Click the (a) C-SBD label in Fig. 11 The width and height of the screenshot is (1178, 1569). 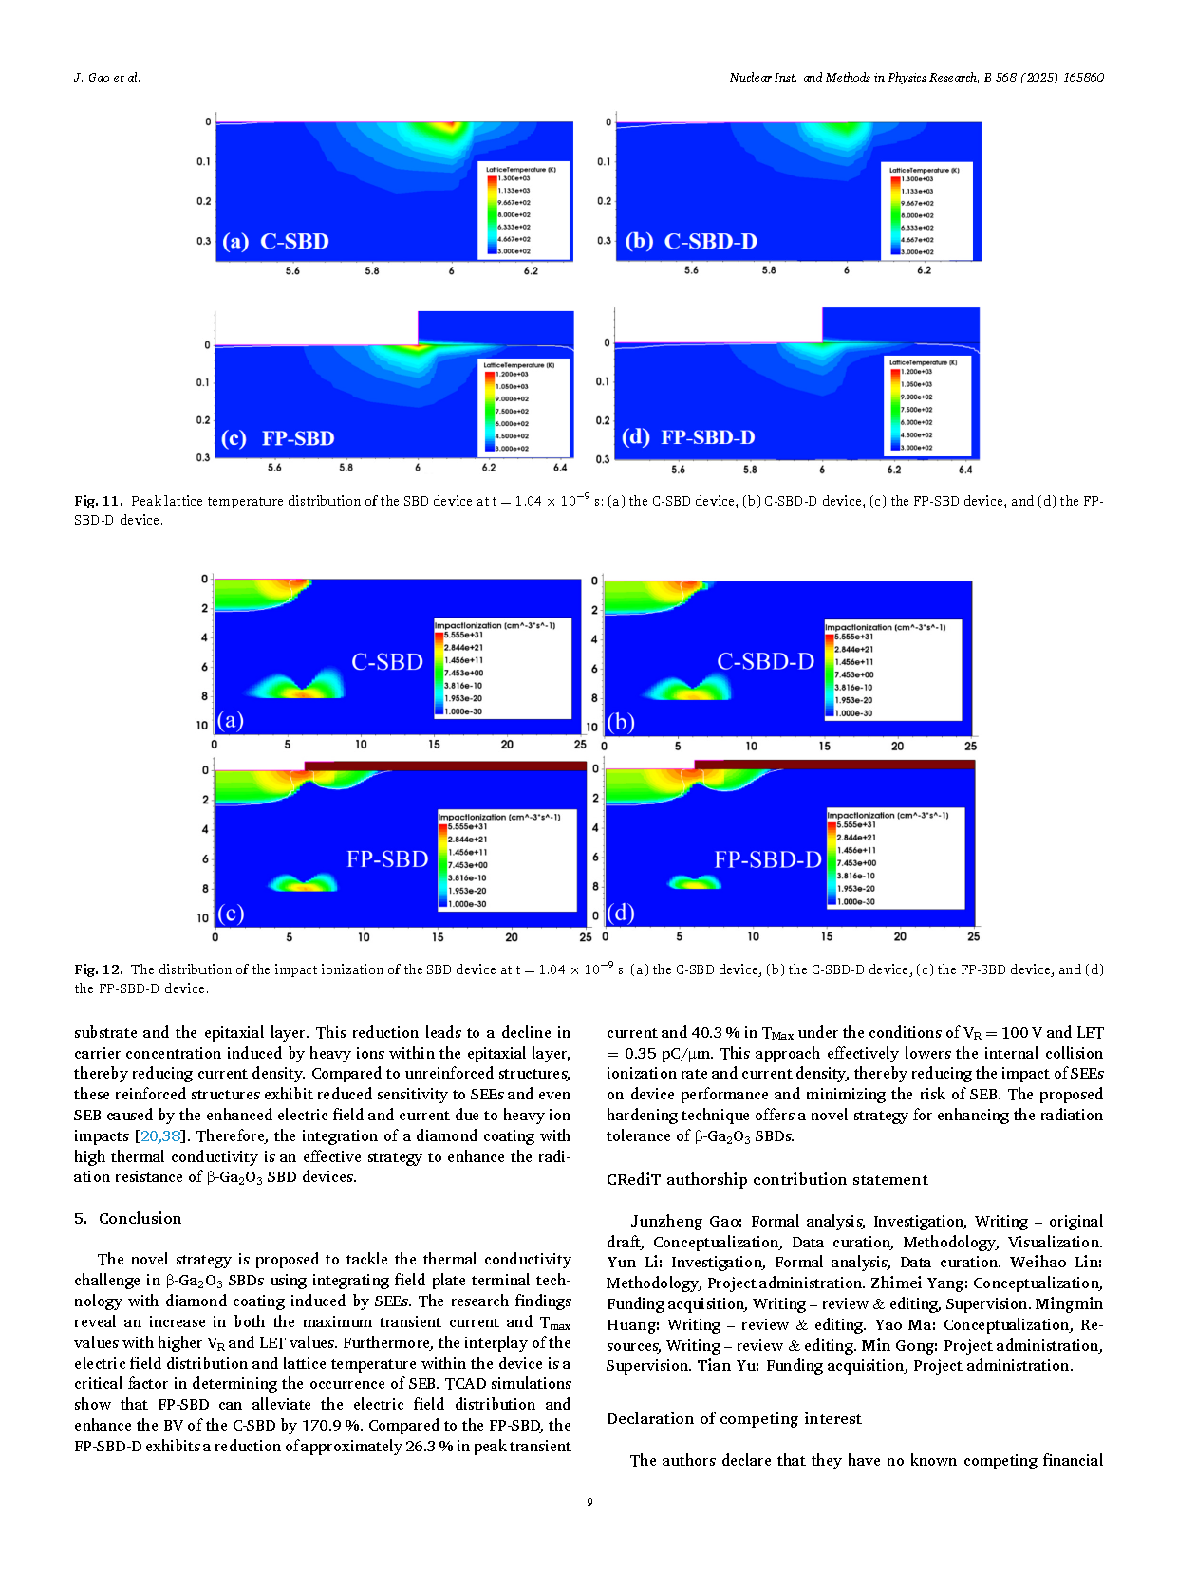coord(275,241)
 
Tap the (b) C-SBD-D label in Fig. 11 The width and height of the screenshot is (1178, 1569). coord(691,241)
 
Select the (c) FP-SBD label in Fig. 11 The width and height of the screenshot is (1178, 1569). coord(277,438)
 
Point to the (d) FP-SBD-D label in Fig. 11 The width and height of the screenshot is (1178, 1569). coord(688,437)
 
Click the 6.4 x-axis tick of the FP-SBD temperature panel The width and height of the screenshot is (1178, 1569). coord(560,468)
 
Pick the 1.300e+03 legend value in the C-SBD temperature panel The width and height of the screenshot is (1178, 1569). coord(514,178)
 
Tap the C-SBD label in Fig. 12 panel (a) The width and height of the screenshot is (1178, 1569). coord(387,661)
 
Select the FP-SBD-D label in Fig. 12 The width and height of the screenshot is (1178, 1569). coord(767,859)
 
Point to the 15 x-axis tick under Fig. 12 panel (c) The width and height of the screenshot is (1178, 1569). coord(438,937)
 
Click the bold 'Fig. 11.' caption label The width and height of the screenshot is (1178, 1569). coord(99,501)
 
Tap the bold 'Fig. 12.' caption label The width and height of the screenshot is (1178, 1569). coord(99,969)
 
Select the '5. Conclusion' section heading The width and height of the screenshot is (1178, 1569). coord(127,1218)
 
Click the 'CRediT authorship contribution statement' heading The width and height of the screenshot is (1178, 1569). coord(767,1179)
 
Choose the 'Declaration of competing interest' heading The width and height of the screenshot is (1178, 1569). coord(734,1418)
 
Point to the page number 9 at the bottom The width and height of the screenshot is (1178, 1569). coord(589,1502)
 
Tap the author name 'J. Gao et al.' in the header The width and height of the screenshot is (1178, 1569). coord(107,78)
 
